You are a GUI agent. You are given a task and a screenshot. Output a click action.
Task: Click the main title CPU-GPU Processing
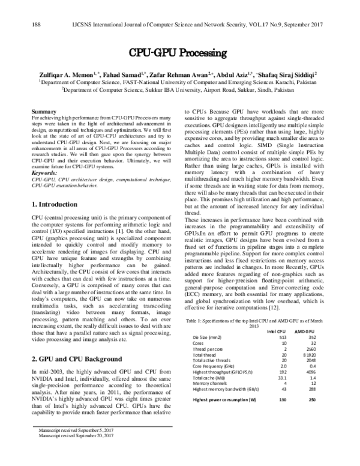pos(179,52)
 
